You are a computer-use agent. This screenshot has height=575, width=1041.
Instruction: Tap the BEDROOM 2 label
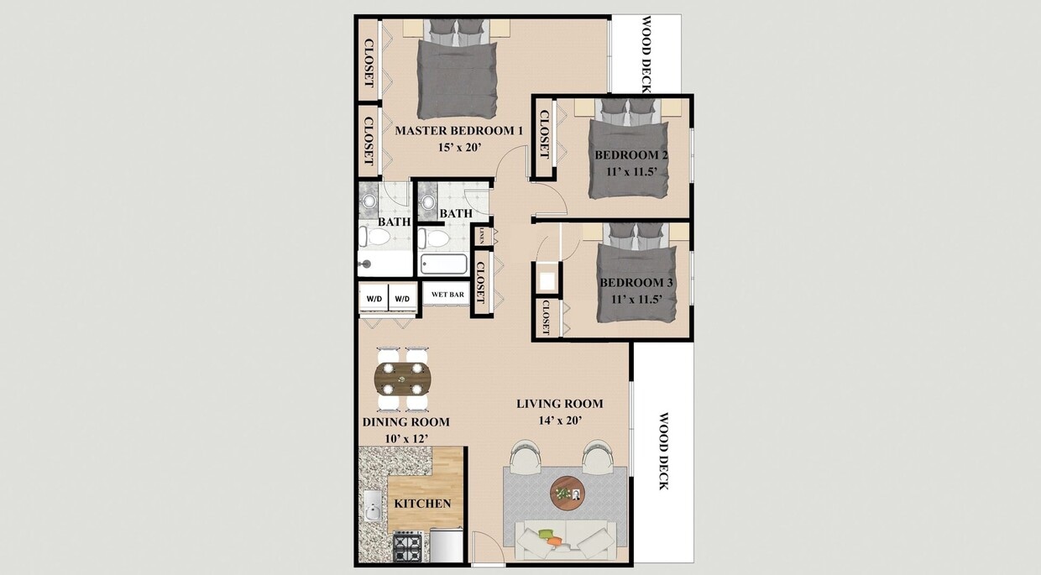631,155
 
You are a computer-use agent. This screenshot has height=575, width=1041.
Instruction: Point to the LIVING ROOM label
560,405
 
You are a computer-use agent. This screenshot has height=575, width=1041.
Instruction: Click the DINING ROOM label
405,422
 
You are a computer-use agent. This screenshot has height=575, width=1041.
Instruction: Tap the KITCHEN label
423,504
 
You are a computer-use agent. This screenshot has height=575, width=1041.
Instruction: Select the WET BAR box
447,295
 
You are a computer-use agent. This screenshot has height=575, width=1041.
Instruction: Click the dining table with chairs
403,378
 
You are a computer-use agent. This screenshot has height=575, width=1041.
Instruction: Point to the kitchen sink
372,508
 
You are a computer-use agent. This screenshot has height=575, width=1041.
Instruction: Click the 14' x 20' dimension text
560,421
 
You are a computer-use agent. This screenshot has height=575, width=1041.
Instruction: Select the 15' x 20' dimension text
458,147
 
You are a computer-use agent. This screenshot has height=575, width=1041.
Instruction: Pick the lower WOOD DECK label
663,450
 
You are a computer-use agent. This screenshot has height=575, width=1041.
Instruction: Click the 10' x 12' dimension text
405,438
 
